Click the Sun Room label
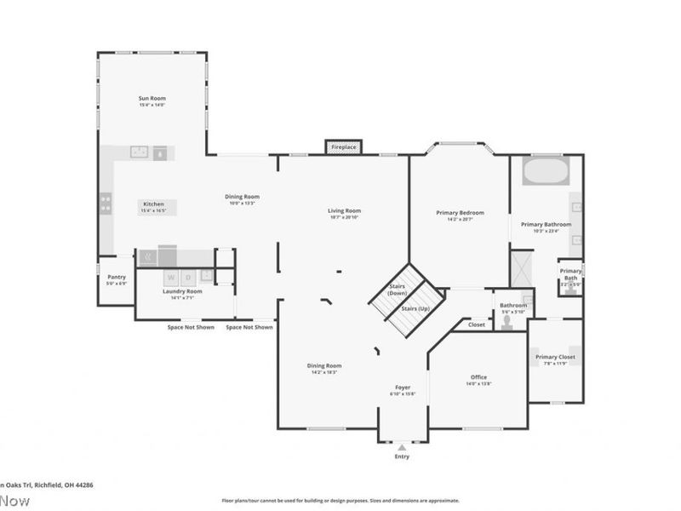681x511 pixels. (152, 99)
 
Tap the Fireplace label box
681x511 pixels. (344, 147)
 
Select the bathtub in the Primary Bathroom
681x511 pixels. (545, 171)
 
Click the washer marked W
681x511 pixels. (171, 277)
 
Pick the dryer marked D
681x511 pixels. (205, 277)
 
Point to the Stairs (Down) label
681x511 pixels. (398, 289)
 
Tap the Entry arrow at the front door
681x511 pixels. (402, 446)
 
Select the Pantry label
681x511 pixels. (116, 277)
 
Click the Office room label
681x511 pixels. (478, 377)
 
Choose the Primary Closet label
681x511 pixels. (555, 357)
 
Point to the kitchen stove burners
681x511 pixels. (106, 203)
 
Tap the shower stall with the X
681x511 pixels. (521, 267)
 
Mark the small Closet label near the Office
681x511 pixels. (476, 324)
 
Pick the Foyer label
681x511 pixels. (403, 388)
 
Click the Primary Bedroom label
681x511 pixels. (460, 212)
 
